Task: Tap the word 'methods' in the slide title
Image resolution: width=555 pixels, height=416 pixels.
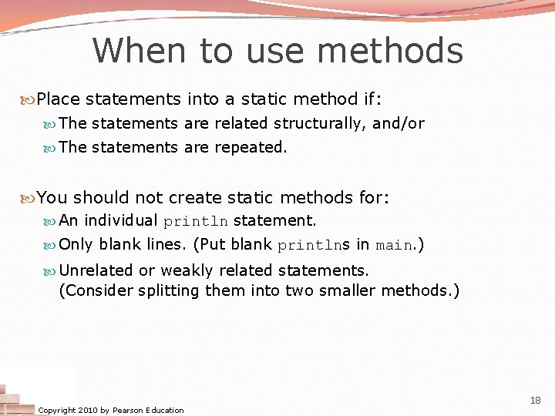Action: (x=389, y=51)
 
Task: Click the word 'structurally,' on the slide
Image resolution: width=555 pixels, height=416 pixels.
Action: (x=320, y=123)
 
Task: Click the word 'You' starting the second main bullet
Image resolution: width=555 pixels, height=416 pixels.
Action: (x=52, y=198)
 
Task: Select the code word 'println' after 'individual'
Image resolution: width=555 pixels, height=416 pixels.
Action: (x=196, y=221)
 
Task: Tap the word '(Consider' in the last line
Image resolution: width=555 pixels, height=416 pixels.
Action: (x=96, y=290)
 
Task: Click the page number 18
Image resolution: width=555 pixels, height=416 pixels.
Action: (x=536, y=400)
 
